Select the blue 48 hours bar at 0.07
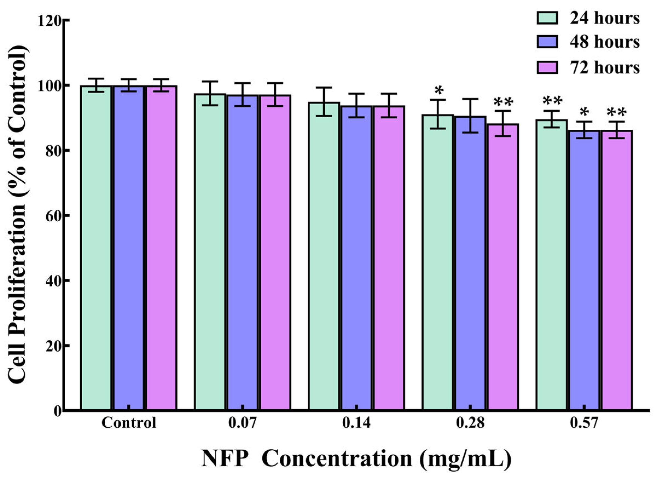pyautogui.click(x=243, y=252)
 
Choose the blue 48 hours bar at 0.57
pyautogui.click(x=584, y=270)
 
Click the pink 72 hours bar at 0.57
pyautogui.click(x=617, y=270)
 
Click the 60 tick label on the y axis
pyautogui.click(x=53, y=216)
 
